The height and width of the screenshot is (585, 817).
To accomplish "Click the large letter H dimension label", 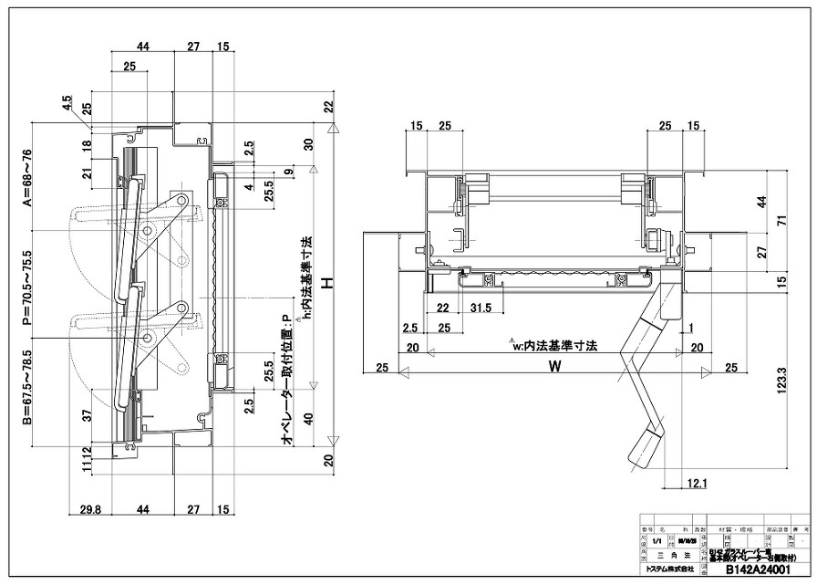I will pos(335,284).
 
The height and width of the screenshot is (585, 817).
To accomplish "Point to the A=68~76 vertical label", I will pos(28,179).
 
